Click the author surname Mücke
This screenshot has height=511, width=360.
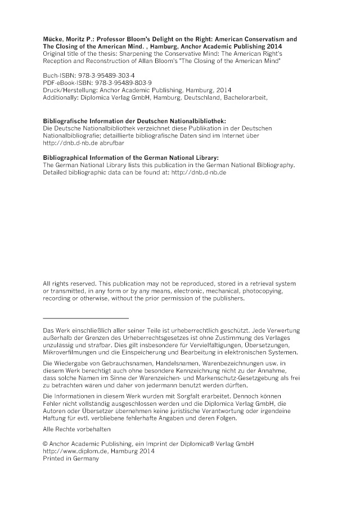[x=53, y=39]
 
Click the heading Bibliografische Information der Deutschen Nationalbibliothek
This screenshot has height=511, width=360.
[x=134, y=121]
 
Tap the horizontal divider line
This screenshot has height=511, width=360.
[x=85, y=319]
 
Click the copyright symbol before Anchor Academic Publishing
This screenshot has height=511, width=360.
[x=46, y=443]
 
